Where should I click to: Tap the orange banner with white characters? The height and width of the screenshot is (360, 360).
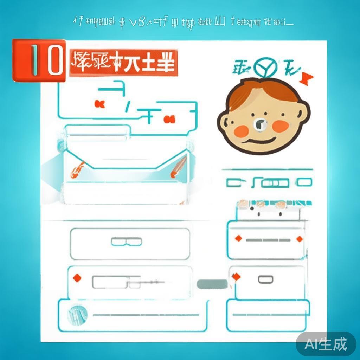(x=123, y=63)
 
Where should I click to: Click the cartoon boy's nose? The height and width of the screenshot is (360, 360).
(x=260, y=124)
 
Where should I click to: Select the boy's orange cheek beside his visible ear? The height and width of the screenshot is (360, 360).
(x=281, y=126)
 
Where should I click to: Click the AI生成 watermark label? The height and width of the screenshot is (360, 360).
(x=326, y=343)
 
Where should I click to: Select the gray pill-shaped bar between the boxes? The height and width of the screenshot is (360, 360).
(x=212, y=284)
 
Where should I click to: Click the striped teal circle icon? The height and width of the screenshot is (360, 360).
(x=77, y=314)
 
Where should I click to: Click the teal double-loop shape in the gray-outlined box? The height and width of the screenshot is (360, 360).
(x=127, y=242)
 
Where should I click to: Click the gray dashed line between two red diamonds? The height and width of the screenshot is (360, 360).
(x=268, y=240)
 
